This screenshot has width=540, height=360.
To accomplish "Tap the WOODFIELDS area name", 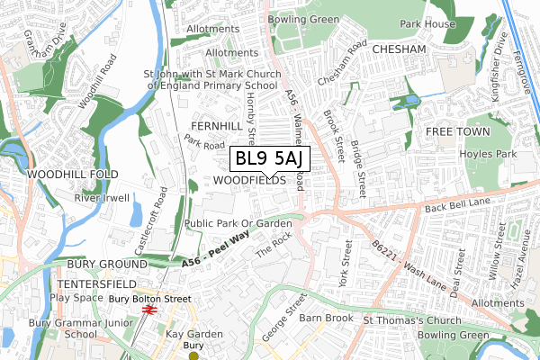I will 250,180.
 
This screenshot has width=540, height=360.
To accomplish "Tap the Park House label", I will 426,23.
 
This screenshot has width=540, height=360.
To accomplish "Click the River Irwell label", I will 102,197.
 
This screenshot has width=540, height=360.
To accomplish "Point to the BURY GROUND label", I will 106,265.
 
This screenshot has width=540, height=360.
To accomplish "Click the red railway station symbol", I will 149,310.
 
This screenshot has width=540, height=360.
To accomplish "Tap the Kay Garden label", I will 193,334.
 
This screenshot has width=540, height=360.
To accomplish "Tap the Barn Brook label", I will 326,318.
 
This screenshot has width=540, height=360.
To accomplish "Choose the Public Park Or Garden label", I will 237,222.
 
